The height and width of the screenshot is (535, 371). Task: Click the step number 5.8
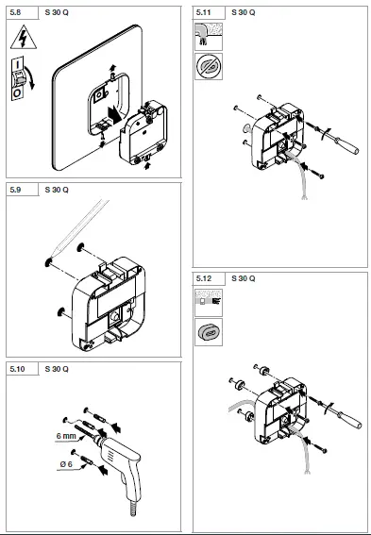tap(16, 13)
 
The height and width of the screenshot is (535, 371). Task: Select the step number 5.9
tap(16, 190)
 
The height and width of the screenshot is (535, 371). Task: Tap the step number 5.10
tap(17, 367)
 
